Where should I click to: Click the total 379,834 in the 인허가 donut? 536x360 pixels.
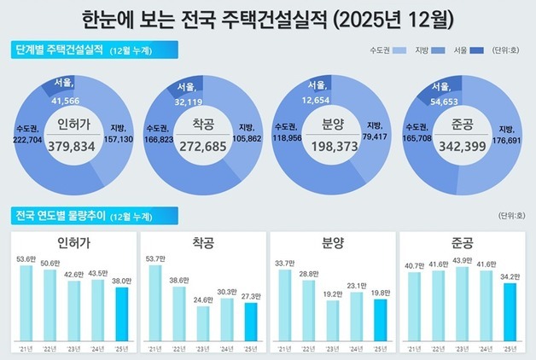[x=76, y=146]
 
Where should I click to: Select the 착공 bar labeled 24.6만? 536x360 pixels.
[x=202, y=323]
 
